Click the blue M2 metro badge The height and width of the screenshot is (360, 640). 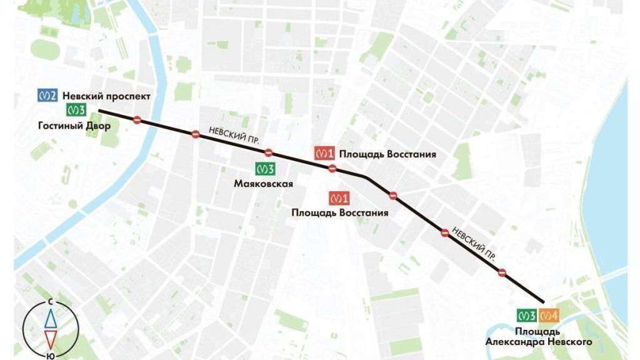(47, 96)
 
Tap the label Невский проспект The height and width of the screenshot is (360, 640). (106, 96)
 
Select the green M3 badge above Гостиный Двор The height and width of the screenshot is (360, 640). (76, 111)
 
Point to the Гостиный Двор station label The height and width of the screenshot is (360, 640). (74, 126)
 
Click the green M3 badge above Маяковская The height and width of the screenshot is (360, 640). (265, 169)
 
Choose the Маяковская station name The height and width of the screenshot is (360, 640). (264, 184)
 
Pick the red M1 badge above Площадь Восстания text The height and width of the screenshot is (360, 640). (339, 199)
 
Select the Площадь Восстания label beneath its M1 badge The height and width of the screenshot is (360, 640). (340, 213)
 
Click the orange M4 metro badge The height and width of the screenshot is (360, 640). (549, 316)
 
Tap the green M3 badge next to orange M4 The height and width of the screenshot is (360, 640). (527, 316)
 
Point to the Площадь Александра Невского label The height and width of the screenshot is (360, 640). (538, 336)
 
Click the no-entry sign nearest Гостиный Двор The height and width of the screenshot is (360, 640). (137, 120)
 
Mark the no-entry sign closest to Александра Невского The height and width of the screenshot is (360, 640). (502, 272)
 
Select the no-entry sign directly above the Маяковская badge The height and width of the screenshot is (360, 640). (268, 152)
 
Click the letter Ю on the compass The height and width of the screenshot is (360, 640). (49, 355)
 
